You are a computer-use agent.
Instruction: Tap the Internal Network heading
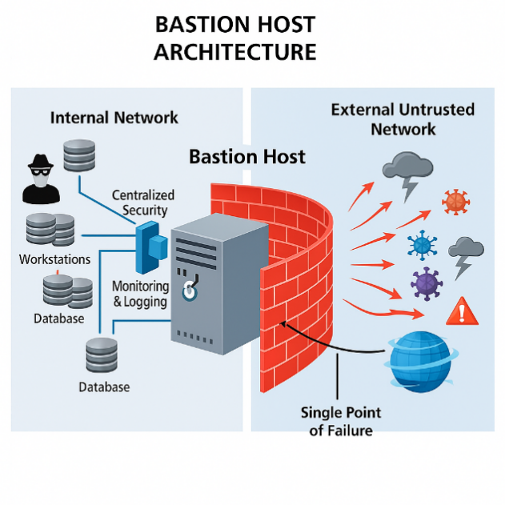[x=114, y=118]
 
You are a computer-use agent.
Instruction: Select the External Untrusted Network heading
[x=403, y=118]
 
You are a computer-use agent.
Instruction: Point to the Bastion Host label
[x=246, y=156]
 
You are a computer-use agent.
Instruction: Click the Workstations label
[x=54, y=259]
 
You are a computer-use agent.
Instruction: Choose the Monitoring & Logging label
[x=140, y=294]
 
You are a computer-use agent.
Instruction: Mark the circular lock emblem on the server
[x=190, y=291]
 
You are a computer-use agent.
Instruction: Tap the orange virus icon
[x=455, y=201]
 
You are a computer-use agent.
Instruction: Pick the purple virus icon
[x=426, y=283]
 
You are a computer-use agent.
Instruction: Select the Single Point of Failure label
[x=341, y=421]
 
